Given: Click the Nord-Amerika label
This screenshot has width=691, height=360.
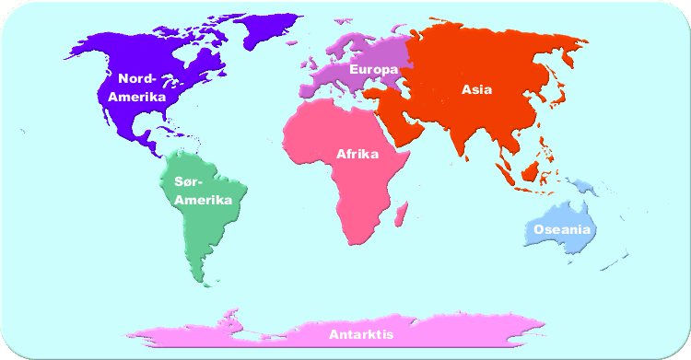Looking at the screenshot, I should tap(135, 87).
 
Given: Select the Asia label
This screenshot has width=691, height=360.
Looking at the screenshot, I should tap(476, 89).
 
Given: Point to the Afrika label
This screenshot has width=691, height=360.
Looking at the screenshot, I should tap(357, 154).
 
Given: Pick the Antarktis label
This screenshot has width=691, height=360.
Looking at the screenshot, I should tap(361, 334).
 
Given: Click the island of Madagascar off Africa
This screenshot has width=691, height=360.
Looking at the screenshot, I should tap(402, 215).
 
